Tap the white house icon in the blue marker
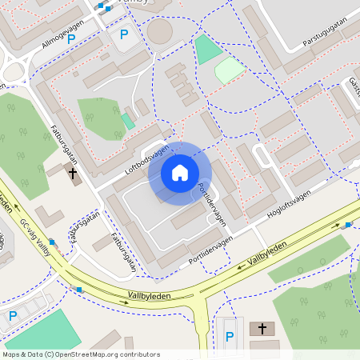point(180,173)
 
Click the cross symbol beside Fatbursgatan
point(73,172)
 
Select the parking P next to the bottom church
point(230,337)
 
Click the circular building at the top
point(159,32)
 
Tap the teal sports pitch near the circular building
point(208,50)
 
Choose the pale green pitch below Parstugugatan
point(230,70)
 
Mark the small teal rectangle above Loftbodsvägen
point(127,121)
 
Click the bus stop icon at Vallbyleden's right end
point(348,225)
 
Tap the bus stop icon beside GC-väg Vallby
point(52,241)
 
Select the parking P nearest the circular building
point(124,34)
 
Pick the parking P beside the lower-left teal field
point(12,316)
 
